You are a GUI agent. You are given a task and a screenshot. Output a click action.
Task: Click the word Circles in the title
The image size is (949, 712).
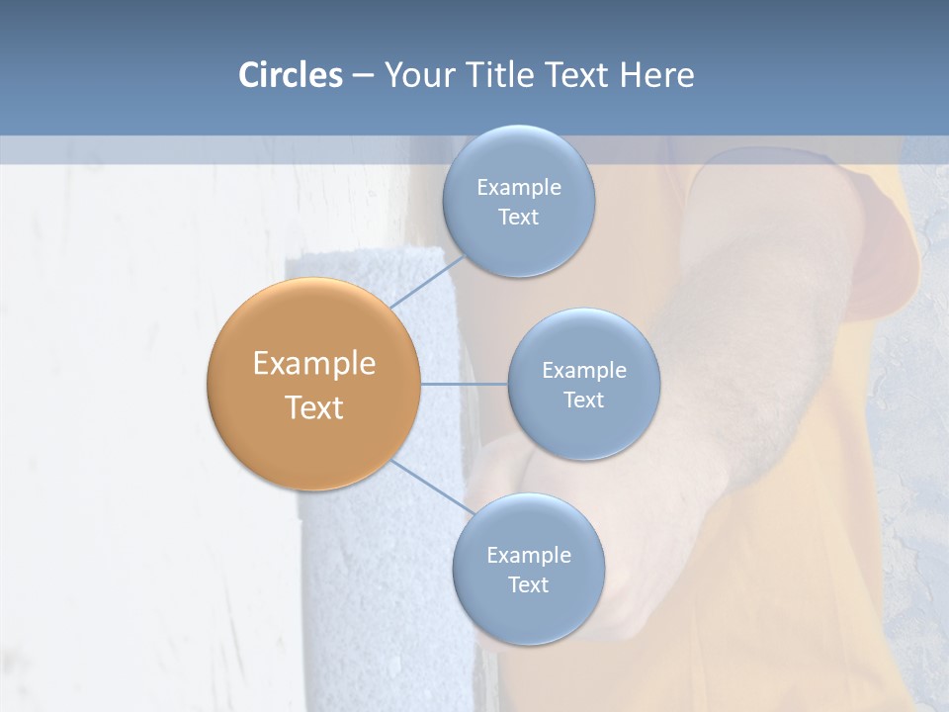(291, 75)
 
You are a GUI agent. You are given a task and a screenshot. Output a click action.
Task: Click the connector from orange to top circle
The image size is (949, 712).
(427, 281)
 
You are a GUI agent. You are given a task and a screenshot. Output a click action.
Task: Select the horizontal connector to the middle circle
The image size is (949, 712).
(464, 384)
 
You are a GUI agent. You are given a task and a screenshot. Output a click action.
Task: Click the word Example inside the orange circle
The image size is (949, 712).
(313, 364)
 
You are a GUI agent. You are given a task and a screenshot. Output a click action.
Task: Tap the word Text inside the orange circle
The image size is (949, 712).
(313, 407)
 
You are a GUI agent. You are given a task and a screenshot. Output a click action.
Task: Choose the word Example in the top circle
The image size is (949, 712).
(518, 188)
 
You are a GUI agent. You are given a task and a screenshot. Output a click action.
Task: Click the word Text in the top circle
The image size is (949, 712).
(518, 218)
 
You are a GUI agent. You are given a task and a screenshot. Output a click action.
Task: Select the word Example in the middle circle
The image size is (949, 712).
(583, 371)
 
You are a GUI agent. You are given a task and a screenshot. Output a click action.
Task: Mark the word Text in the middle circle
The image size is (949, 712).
(583, 400)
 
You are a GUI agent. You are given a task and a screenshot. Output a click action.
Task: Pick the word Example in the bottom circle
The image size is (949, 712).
(528, 556)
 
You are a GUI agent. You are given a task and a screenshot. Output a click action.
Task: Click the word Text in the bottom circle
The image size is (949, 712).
(528, 585)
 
